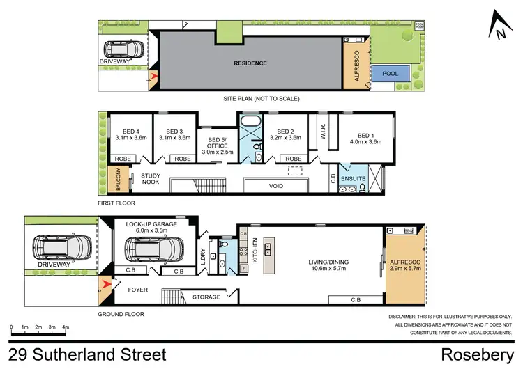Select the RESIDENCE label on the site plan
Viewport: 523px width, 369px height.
(250, 63)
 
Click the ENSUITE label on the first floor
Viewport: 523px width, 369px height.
(353, 179)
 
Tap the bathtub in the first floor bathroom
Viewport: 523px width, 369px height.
(250, 129)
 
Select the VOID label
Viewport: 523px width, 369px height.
(276, 187)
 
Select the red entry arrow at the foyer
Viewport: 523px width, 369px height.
(105, 284)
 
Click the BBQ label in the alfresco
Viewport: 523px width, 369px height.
(409, 230)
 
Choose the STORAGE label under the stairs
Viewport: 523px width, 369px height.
(206, 297)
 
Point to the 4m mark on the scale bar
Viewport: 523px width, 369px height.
(66, 326)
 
